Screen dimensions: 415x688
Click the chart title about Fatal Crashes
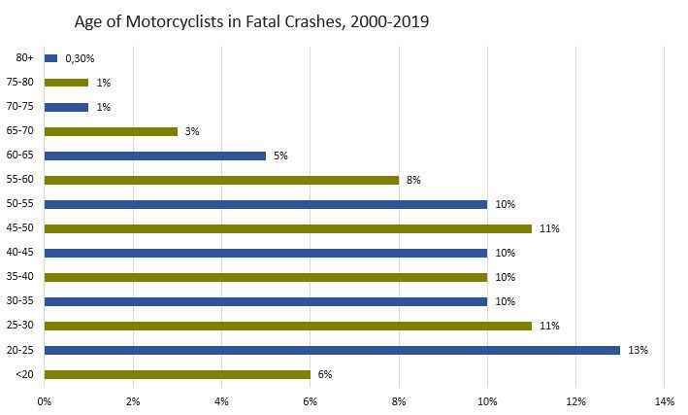point(251,21)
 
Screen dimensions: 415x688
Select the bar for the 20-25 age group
point(332,350)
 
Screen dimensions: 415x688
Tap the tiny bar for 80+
point(50,58)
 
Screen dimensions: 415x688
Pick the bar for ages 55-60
point(221,180)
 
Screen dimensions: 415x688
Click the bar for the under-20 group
point(177,374)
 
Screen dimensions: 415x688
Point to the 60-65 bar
point(154,156)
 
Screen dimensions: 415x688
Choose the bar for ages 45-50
point(287,228)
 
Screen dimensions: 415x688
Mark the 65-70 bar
point(111,131)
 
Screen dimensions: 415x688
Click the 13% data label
point(639,350)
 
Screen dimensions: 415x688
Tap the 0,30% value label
point(79,58)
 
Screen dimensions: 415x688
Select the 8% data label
point(413,180)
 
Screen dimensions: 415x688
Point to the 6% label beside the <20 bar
point(325,374)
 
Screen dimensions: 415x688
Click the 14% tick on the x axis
point(665,400)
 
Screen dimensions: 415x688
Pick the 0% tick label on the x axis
point(45,400)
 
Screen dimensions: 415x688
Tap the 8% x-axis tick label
point(399,400)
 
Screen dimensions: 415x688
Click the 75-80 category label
point(22,83)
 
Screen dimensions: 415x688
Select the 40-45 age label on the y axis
point(22,253)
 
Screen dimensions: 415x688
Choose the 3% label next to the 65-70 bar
point(192,131)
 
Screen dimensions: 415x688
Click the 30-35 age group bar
point(265,301)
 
